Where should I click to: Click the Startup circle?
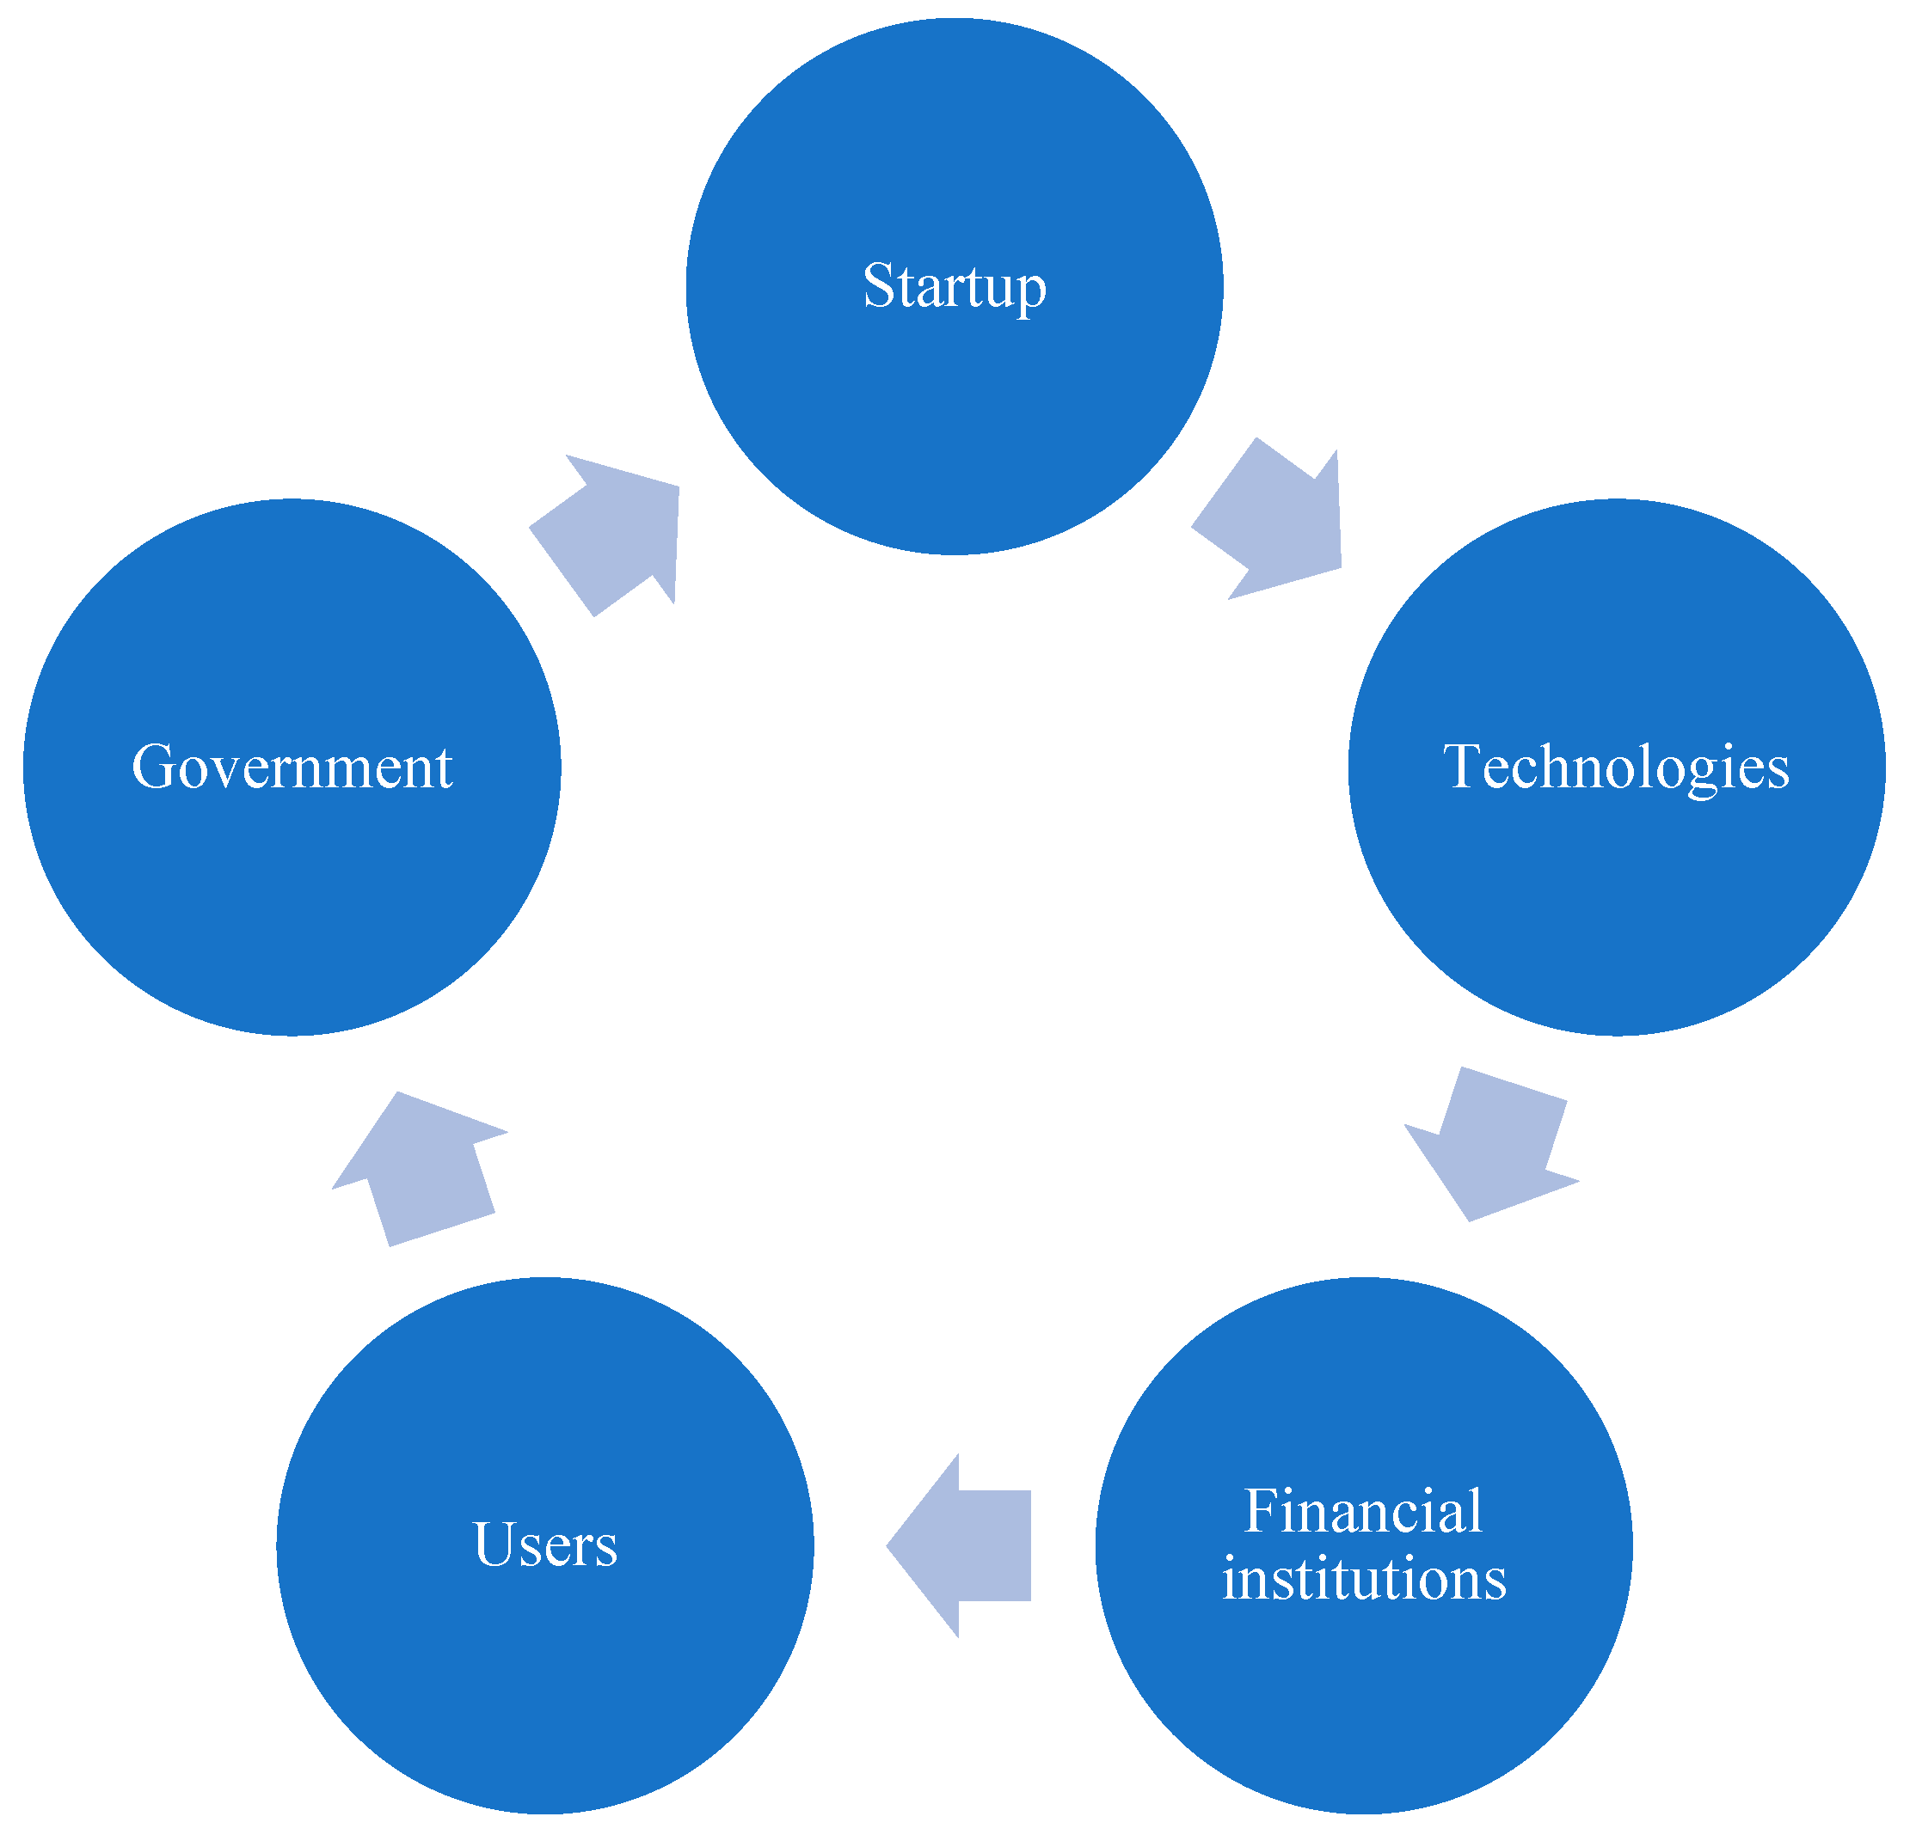tap(954, 389)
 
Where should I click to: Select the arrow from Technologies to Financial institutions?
tap(1491, 1145)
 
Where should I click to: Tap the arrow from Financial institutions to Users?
tap(965, 1546)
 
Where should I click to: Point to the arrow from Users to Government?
tap(419, 1169)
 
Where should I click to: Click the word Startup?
tap(954, 286)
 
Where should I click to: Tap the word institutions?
tap(1364, 1579)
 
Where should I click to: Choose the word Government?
tap(292, 768)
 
